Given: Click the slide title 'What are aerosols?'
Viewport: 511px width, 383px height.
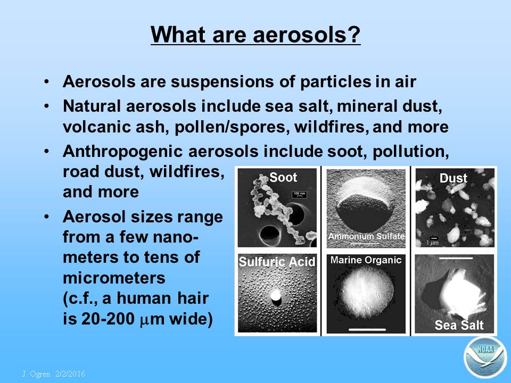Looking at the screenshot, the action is [256, 34].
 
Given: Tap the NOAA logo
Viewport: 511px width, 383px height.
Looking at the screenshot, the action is [485, 357].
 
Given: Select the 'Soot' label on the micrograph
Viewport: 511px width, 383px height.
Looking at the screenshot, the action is [283, 177].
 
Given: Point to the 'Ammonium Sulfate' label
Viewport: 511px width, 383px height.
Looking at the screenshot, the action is [366, 236].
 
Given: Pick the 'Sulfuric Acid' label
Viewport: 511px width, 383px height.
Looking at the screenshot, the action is [277, 262].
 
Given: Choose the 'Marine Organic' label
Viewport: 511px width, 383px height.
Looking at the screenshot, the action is [366, 260].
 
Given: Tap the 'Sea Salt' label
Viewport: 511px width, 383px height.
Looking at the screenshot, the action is [459, 324].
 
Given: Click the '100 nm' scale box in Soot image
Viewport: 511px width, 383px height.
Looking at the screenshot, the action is [299, 195].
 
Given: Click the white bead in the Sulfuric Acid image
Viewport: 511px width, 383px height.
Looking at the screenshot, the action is [276, 296].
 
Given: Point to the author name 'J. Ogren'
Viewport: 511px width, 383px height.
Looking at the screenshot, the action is [36, 373].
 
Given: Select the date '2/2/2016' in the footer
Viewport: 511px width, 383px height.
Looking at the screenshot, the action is [70, 373].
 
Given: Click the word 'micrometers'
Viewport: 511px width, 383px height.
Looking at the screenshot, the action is [114, 278].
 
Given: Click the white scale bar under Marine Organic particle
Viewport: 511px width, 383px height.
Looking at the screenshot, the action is [367, 330].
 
